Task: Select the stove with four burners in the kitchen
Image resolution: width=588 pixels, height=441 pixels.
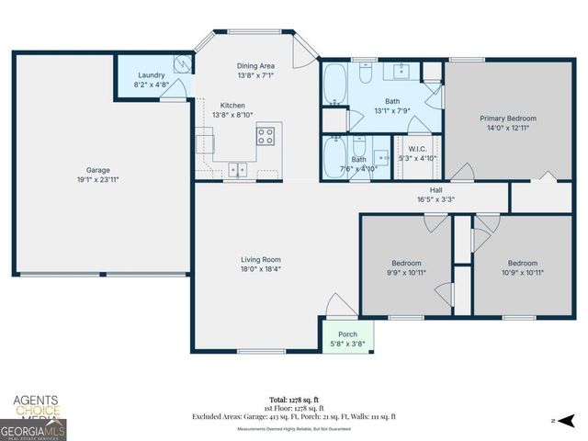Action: click(x=266, y=136)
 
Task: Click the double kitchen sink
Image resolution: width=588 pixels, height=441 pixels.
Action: click(x=238, y=169)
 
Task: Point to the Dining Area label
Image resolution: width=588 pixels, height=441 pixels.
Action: click(x=255, y=65)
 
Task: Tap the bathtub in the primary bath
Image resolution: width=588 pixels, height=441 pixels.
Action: click(x=334, y=84)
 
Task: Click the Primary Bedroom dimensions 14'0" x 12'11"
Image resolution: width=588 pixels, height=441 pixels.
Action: click(x=507, y=128)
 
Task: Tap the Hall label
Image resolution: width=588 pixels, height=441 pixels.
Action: click(x=436, y=189)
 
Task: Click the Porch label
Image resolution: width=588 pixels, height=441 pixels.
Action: click(x=347, y=334)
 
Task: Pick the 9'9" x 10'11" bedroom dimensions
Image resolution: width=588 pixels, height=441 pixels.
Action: click(x=406, y=272)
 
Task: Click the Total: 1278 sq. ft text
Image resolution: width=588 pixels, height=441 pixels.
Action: click(x=293, y=400)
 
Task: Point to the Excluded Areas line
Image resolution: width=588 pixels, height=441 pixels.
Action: click(x=294, y=416)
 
